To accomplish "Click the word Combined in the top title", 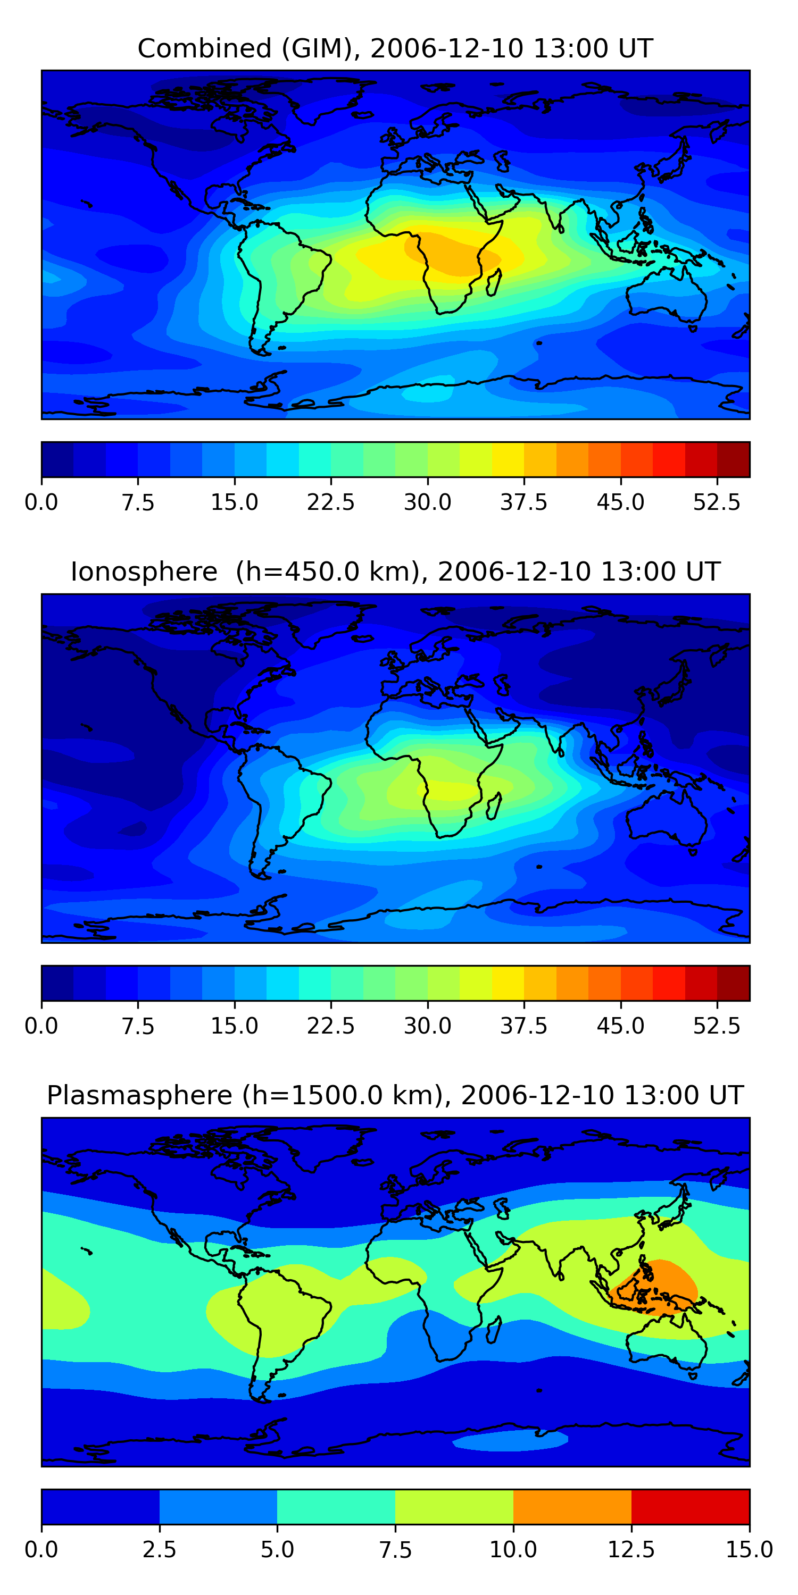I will point(204,48).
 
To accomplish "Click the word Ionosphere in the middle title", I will point(144,572).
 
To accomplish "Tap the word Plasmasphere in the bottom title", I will point(139,1095).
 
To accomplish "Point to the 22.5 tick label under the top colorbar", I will point(331,502).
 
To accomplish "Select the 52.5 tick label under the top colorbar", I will point(716,502).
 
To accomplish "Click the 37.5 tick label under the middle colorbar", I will point(523,1026).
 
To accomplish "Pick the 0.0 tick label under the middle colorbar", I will point(41,1026).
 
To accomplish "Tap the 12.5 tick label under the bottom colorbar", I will point(631,1550).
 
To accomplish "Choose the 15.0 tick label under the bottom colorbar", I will point(749,1550).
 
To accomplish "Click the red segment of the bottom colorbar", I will point(690,1506).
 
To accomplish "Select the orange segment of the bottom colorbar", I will point(572,1506).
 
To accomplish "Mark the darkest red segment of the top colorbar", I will point(733,459).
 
